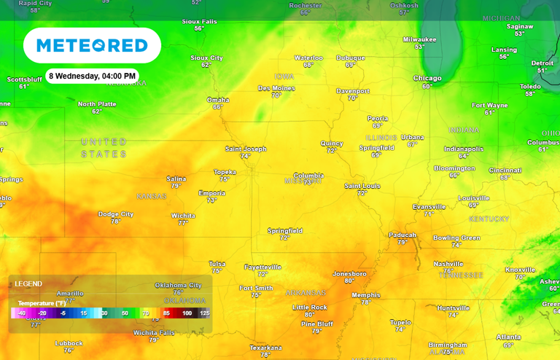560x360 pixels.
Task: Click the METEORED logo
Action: [x=92, y=45]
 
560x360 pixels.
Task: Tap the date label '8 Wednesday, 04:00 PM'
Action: [x=92, y=76]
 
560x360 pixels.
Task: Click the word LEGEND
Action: [x=28, y=283]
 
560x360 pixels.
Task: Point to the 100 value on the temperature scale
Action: [x=187, y=313]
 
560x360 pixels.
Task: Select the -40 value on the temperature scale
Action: [x=21, y=313]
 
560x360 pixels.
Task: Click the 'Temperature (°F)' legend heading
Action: [x=42, y=303]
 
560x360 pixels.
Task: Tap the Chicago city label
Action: [x=427, y=78]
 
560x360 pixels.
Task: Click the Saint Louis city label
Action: [x=362, y=186]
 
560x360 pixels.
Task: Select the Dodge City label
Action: [x=116, y=214]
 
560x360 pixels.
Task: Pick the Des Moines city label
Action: [x=276, y=88]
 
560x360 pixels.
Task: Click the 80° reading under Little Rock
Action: [x=309, y=315]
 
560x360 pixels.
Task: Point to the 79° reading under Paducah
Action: [x=402, y=242]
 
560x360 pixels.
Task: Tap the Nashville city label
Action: [x=448, y=264]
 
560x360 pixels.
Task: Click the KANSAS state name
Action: [x=152, y=196]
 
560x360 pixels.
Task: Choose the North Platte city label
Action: [x=97, y=104]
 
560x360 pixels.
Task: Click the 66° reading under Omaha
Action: [x=217, y=107]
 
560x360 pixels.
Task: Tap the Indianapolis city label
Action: [x=464, y=149]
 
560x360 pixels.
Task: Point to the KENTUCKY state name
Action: [x=489, y=219]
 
